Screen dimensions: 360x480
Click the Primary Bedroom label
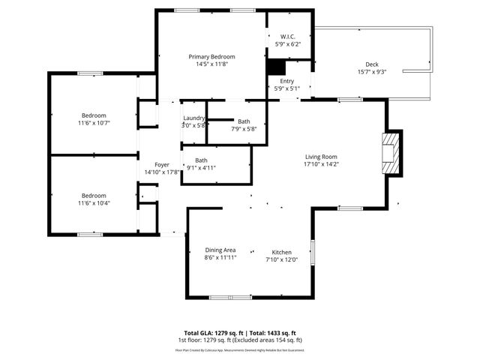click(x=211, y=57)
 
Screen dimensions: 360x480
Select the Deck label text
click(x=372, y=64)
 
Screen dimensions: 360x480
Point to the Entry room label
click(x=287, y=81)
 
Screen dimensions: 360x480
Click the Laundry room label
click(x=194, y=118)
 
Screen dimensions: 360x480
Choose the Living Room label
click(x=321, y=156)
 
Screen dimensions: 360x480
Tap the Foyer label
click(x=162, y=164)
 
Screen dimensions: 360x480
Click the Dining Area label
click(x=220, y=250)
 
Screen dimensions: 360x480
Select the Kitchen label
click(x=281, y=252)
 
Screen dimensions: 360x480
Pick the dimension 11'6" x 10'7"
click(x=94, y=123)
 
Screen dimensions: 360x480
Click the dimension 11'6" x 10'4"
click(x=94, y=203)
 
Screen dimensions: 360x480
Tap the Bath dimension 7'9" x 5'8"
click(x=244, y=128)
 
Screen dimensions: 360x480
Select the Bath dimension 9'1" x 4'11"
click(x=201, y=167)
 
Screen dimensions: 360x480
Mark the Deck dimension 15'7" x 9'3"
click(x=372, y=72)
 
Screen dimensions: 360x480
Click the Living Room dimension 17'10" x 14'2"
click(x=321, y=163)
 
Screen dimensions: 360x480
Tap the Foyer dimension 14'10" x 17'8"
click(x=162, y=172)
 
